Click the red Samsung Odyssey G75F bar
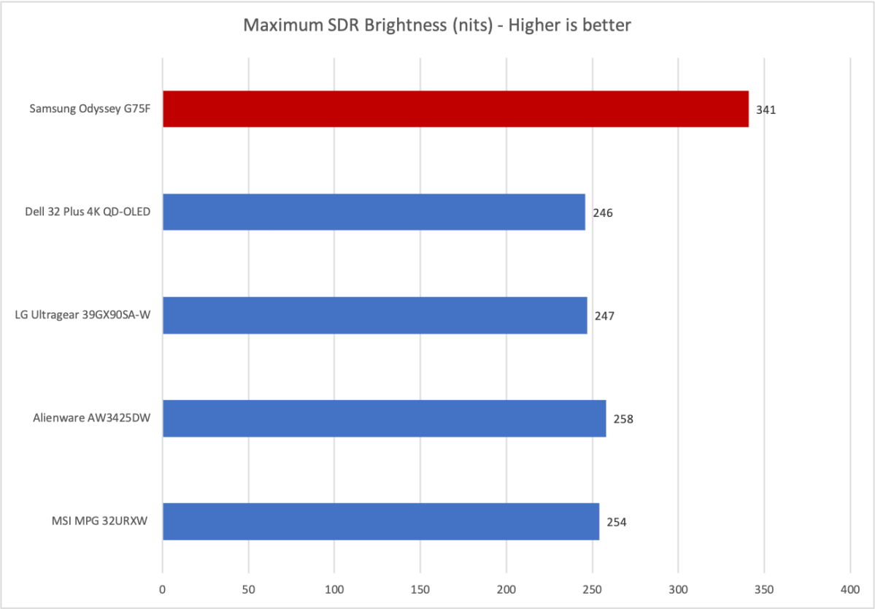[455, 109]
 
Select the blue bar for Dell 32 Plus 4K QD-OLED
[374, 212]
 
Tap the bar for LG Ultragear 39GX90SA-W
[374, 315]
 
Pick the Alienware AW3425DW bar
[384, 418]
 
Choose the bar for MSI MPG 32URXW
[380, 521]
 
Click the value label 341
[766, 111]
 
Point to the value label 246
[603, 214]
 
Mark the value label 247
[605, 317]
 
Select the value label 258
[623, 420]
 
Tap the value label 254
[617, 523]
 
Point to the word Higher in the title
[539, 26]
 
